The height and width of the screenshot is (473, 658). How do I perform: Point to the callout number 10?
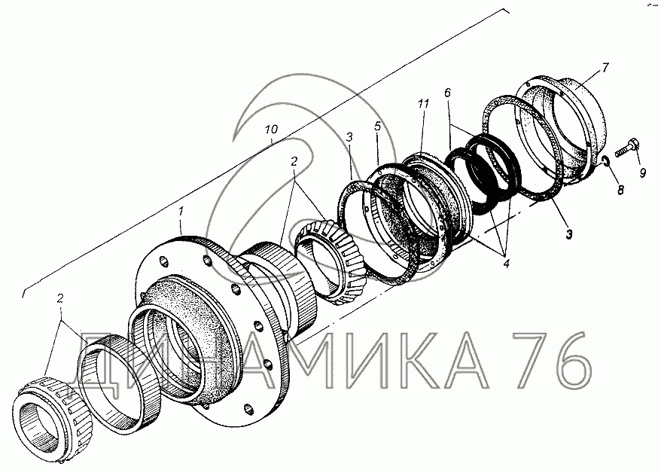271,129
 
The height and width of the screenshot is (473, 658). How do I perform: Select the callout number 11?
423,103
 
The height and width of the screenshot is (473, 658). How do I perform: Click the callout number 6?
447,93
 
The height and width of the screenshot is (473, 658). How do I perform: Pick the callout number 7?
605,67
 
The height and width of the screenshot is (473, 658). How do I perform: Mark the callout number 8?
620,190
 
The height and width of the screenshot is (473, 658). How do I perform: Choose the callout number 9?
643,172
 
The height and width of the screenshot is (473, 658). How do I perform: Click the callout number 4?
506,264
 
